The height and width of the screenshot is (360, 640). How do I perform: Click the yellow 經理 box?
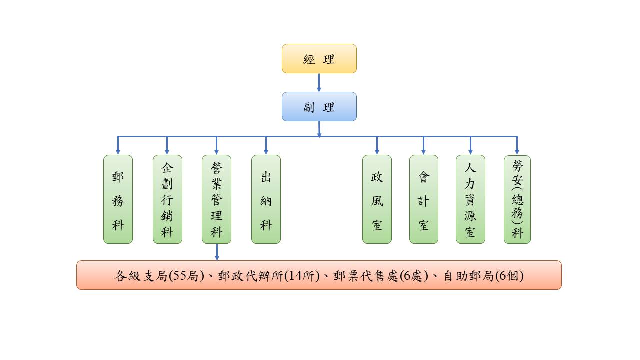pos(319,59)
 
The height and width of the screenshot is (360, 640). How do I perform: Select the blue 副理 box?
pos(319,106)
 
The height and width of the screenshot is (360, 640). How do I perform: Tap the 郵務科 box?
pos(118,199)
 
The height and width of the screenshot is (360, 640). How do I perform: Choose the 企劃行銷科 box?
pos(167,199)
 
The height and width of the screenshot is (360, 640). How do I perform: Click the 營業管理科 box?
pos(216,199)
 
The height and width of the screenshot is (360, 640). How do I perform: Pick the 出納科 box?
pos(266,199)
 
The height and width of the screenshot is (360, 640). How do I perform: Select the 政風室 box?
pos(377,199)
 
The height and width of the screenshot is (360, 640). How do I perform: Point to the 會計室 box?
pos(423,199)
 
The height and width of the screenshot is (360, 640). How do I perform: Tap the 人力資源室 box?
pos(470,199)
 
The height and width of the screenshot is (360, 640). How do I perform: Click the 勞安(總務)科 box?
pos(517,199)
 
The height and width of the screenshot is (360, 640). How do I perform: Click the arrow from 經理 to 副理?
pos(319,82)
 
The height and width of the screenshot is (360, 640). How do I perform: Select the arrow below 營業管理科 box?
pos(217,252)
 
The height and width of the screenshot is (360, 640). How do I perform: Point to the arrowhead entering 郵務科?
pos(118,151)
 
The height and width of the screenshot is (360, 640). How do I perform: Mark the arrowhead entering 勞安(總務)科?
pos(517,151)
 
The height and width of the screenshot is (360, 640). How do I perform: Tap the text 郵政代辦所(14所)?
pos(268,276)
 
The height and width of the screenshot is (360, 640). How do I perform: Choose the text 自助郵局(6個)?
pos(483,276)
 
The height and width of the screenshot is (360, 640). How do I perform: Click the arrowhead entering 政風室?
pos(377,151)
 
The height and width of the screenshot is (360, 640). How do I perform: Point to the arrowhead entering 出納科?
pos(266,151)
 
